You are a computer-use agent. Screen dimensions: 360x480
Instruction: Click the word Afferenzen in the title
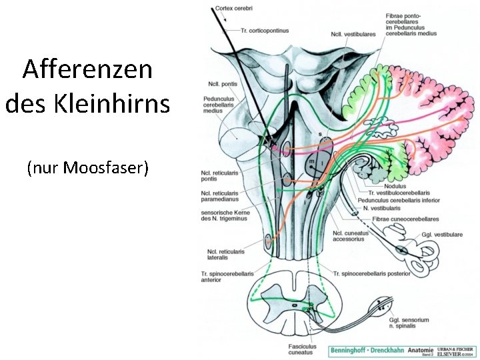coord(87,69)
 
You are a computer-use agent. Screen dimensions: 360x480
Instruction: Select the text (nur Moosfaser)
coord(87,167)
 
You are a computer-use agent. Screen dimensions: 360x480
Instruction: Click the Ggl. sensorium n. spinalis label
coord(409,323)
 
